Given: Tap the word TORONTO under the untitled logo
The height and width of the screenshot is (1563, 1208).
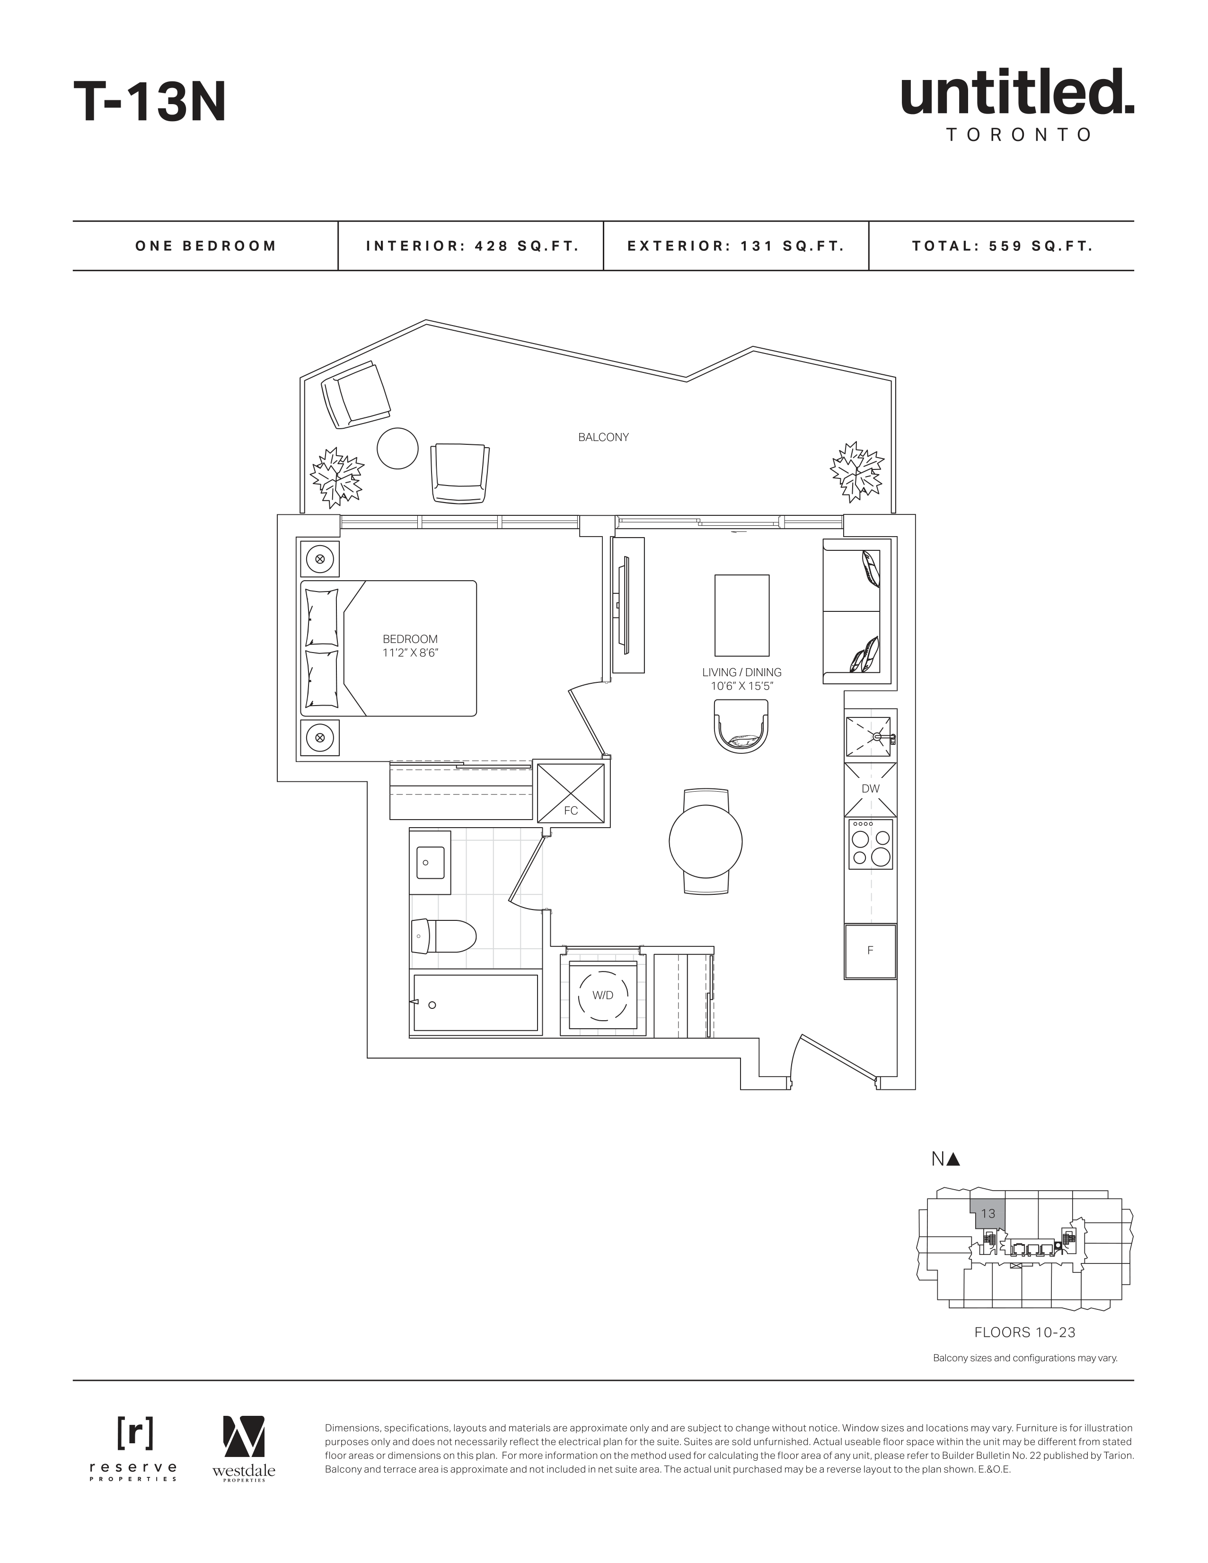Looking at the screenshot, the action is coord(1018,134).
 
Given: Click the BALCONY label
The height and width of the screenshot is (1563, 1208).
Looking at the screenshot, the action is coord(603,437).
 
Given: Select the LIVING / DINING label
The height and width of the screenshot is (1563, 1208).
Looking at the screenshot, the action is coord(741,673).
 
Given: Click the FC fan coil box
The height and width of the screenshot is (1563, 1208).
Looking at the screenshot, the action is coord(571,793).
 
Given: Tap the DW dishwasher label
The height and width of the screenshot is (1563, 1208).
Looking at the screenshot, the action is coord(870,789).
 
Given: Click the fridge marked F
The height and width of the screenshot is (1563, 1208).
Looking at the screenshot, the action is coord(870,951).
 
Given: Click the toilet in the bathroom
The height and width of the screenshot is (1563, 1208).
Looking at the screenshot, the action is coord(444,936).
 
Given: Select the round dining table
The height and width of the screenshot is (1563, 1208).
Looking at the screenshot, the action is coord(705,842).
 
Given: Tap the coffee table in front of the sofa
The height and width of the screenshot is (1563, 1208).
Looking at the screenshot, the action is coord(742,616).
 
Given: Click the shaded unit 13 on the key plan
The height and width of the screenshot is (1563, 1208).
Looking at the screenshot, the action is coord(988,1214).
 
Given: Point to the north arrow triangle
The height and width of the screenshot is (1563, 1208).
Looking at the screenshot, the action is coord(952,1159).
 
